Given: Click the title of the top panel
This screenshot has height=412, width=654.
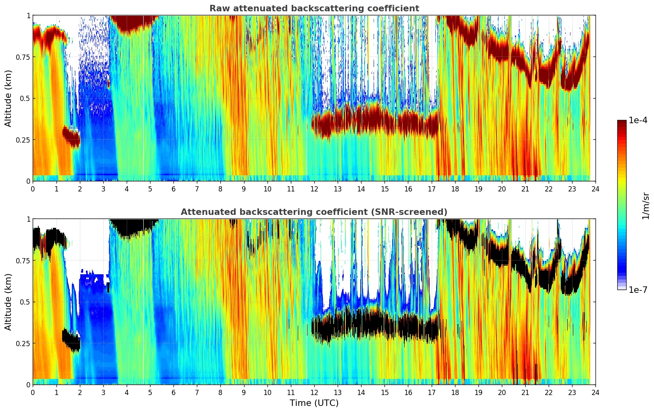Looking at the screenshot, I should coord(314,8).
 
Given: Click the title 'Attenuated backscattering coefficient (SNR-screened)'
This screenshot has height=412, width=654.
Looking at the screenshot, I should coord(314,212).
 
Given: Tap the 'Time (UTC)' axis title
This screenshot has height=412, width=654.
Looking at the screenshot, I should coord(314,403).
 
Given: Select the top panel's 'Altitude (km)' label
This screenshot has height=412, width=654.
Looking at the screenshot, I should coord(8,98).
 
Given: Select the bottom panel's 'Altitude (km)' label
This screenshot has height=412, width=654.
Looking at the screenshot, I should coord(8,302).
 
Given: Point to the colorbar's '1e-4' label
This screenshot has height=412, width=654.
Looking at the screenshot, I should coord(639,120).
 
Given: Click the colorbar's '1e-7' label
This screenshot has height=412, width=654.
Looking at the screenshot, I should coord(639,290).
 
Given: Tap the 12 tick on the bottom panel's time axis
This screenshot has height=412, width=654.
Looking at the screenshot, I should coord(314,392).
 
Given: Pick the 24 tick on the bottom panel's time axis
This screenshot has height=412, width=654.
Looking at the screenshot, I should coord(595,392).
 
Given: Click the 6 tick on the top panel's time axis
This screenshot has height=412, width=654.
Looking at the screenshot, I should coord(173,189).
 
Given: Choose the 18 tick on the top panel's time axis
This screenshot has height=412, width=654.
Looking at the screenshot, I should coord(455,189).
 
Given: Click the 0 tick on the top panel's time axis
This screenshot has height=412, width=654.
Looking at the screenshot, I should coord(33,189).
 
